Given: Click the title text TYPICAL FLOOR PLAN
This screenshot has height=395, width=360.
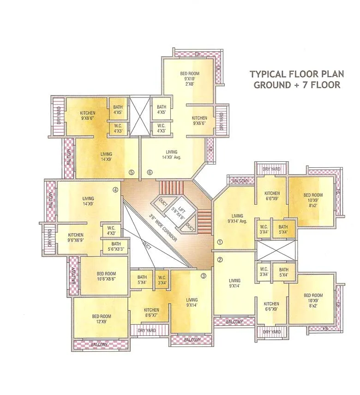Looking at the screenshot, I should point(294,74).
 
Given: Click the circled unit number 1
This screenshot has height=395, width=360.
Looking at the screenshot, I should point(220,242).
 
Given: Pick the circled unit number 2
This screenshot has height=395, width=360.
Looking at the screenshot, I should point(220,260).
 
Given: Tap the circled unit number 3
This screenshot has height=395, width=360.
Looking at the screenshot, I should point(203,277).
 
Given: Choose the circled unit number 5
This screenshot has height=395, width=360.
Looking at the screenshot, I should point(132,173).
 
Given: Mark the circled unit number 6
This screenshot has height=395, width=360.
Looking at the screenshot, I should point(150,173).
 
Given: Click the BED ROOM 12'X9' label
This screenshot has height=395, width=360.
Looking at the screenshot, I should point(101,319).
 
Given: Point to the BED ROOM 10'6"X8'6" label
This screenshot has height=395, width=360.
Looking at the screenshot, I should point(106,276).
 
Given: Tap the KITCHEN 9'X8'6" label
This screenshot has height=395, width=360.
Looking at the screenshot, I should point(88,115).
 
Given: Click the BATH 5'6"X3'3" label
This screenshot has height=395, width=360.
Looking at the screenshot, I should point(116,247).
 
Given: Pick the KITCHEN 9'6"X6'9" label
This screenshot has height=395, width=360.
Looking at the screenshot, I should point(76,237).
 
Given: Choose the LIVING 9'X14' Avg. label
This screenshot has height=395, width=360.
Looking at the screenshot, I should point(237,219).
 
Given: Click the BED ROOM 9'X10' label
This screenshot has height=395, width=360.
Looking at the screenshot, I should point(189,78).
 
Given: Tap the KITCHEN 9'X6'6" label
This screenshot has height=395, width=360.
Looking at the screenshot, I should point(200,121).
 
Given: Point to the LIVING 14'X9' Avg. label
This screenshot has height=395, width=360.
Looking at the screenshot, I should point(172,154).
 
